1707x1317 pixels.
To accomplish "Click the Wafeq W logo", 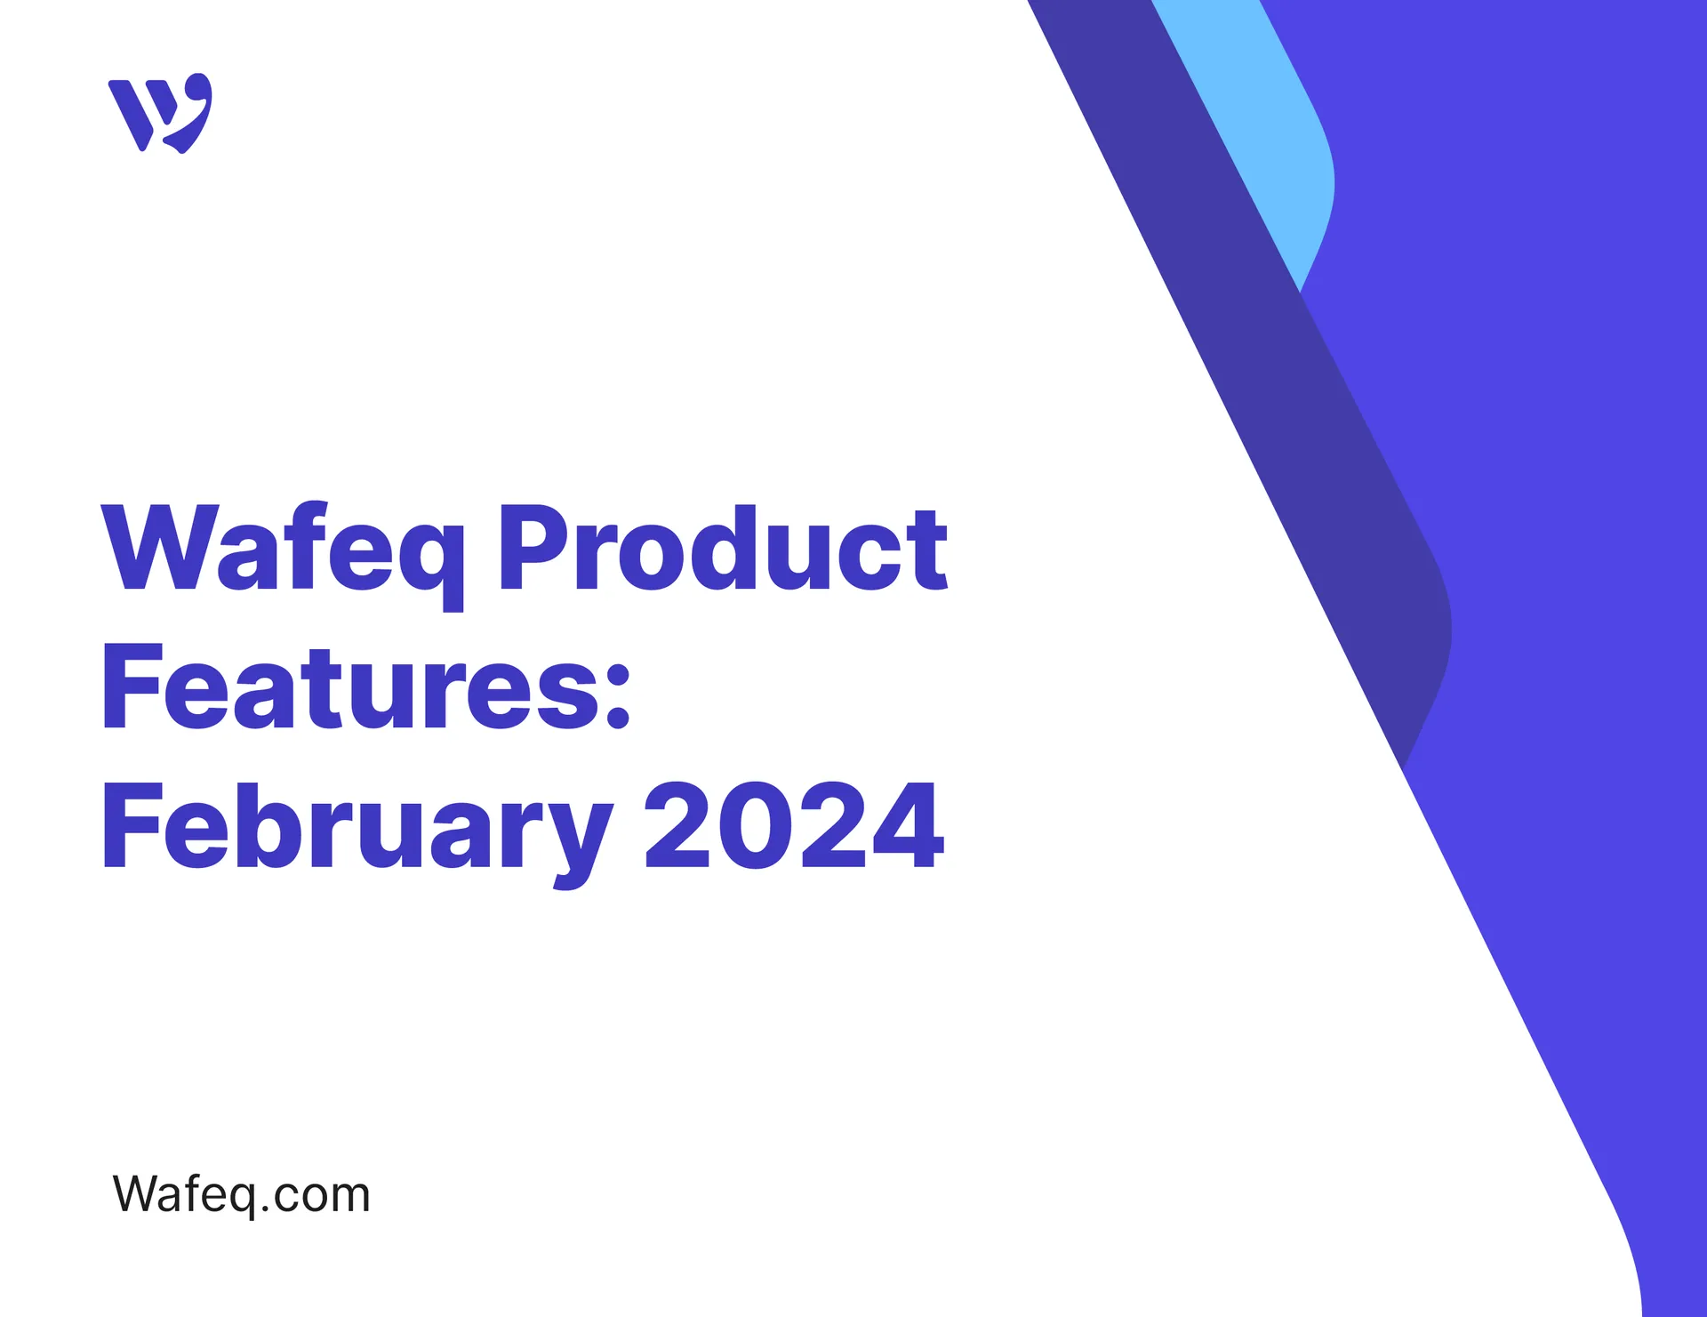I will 160,113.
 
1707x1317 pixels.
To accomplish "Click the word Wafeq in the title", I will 283,548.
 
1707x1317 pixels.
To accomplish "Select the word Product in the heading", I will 723,548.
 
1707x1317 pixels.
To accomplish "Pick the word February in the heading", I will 357,827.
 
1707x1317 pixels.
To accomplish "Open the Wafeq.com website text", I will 241,1193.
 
